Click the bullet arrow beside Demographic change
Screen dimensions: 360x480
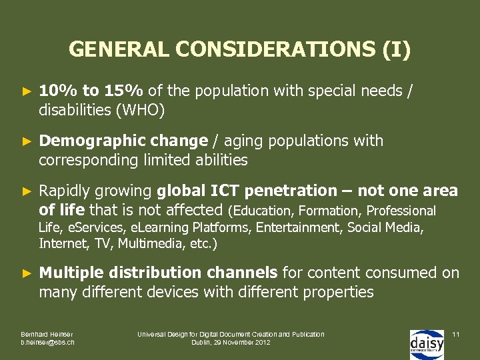[27, 141]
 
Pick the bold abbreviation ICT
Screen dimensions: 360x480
[226, 191]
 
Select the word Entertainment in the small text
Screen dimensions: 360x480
[291, 228]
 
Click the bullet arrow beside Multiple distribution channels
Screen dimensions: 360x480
[27, 273]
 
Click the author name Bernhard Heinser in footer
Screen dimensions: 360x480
[47, 334]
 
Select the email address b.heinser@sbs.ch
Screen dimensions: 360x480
[48, 342]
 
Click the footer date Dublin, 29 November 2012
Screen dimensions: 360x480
[231, 342]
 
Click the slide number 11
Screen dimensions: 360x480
[456, 333]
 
